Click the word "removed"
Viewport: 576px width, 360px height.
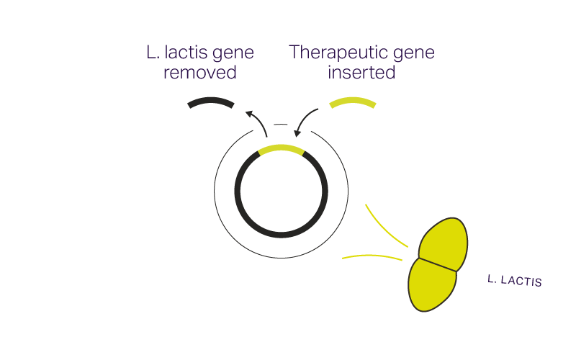pos(200,73)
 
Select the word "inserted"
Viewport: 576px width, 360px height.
pos(361,73)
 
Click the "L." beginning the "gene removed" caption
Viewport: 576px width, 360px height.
pos(151,53)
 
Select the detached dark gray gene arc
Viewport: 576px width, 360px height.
pos(211,102)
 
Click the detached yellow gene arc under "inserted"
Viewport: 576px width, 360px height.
pos(353,102)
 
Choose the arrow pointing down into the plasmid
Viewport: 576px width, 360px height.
pos(305,120)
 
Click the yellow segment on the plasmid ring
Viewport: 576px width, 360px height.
pos(282,149)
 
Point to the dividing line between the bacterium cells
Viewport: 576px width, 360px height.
pos(438,264)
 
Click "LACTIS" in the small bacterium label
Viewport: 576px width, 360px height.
pos(521,281)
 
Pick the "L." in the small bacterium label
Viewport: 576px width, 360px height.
pos(492,278)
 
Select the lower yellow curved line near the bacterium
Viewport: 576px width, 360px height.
pos(372,256)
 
